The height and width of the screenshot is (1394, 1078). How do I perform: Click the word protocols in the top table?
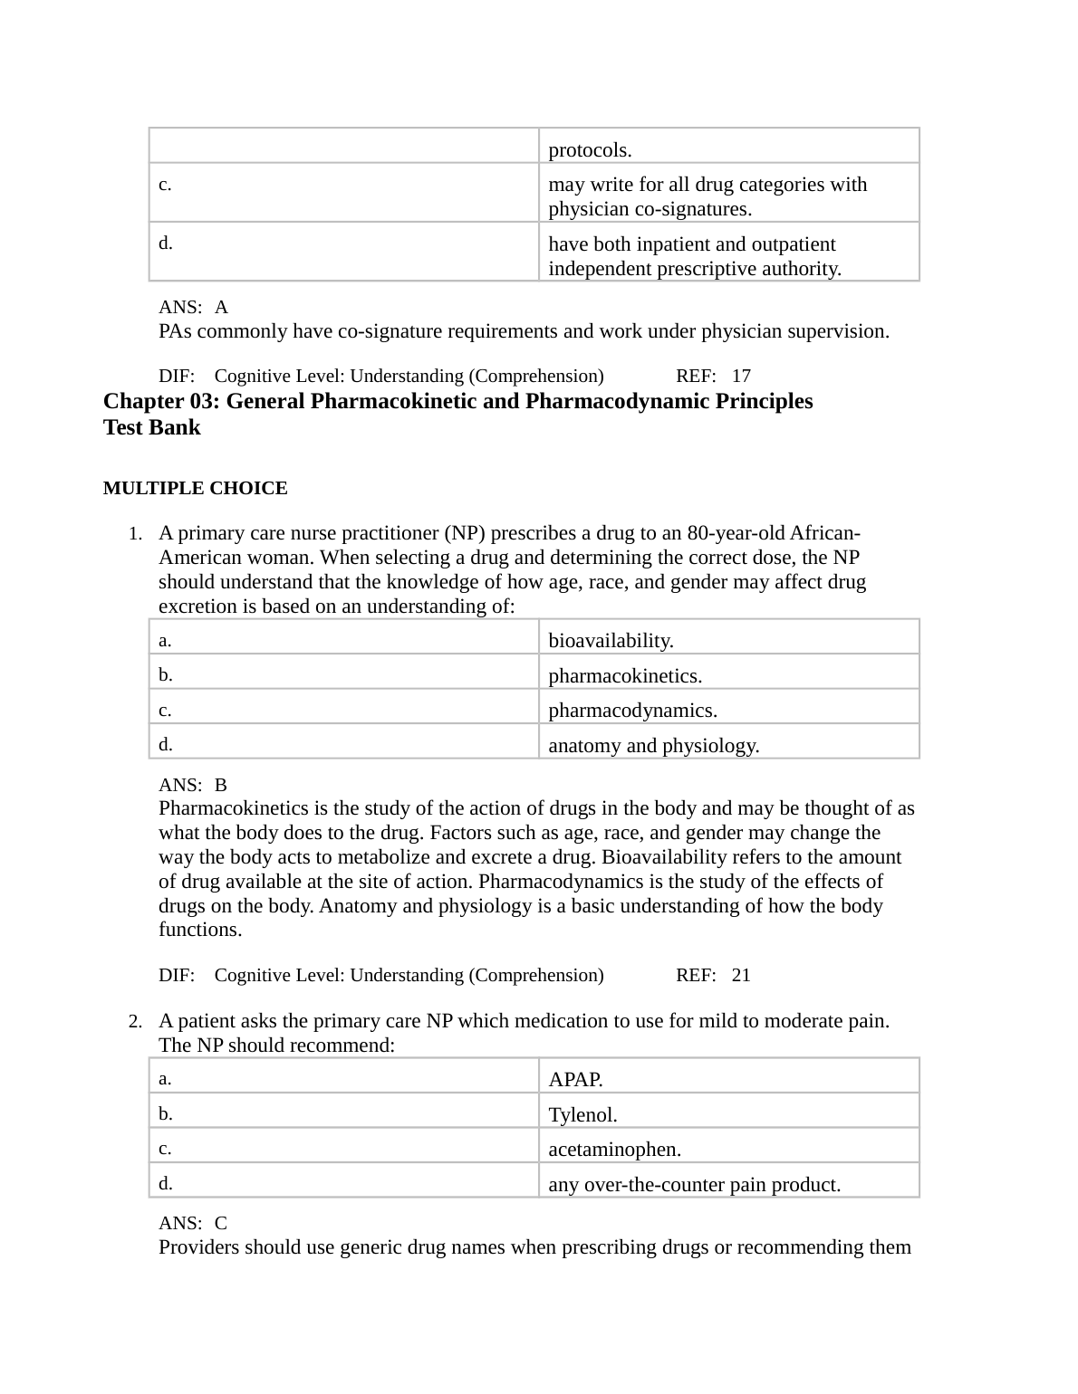pos(590,150)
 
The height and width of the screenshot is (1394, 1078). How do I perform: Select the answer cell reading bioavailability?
pos(611,641)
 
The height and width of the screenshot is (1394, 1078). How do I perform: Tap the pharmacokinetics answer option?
pos(625,676)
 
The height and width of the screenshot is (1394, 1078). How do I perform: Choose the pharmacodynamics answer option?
pos(632,711)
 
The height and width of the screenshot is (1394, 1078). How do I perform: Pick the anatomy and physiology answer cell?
pos(653,746)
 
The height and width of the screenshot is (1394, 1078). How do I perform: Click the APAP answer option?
pos(575,1079)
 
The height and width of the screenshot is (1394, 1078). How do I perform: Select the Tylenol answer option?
pos(582,1115)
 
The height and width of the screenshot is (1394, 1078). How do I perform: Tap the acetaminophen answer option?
pos(614,1150)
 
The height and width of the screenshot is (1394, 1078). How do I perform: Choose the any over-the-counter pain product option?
pos(694,1185)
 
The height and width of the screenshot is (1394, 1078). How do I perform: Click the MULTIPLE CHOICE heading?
pos(195,489)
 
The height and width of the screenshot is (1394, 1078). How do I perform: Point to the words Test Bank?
pos(151,427)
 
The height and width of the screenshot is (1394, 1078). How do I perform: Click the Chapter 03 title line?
pos(457,401)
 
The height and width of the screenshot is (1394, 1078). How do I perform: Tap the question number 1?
pos(134,534)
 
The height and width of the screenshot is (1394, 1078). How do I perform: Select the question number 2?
pos(134,1022)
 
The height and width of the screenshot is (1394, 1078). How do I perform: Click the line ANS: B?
pos(192,785)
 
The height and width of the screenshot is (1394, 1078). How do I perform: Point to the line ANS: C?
pos(192,1223)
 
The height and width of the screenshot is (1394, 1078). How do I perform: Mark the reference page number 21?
pos(741,975)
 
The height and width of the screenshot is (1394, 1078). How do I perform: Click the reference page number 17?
pos(741,376)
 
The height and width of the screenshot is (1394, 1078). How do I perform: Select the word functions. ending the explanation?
pos(200,930)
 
